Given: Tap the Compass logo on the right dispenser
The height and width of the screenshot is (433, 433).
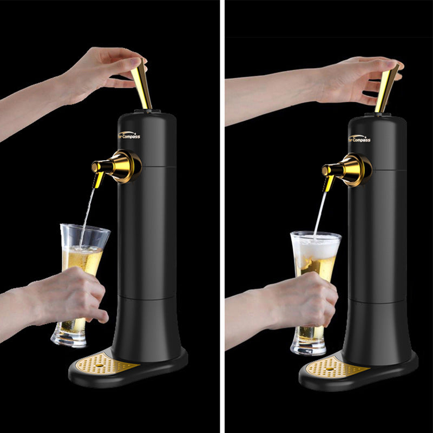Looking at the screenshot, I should click(360, 139).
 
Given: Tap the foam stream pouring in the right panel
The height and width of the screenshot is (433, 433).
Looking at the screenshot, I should click(321, 211).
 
